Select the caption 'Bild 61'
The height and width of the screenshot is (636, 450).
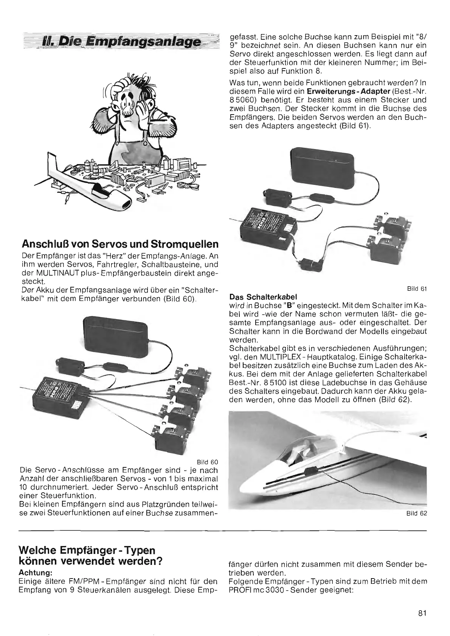pos(417,289)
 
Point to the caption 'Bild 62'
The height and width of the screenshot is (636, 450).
pos(417,513)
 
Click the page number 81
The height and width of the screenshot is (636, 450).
pos(422,614)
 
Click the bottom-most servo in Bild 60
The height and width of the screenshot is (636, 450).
pos(172,435)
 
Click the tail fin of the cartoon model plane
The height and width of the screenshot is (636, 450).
pos(51,163)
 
